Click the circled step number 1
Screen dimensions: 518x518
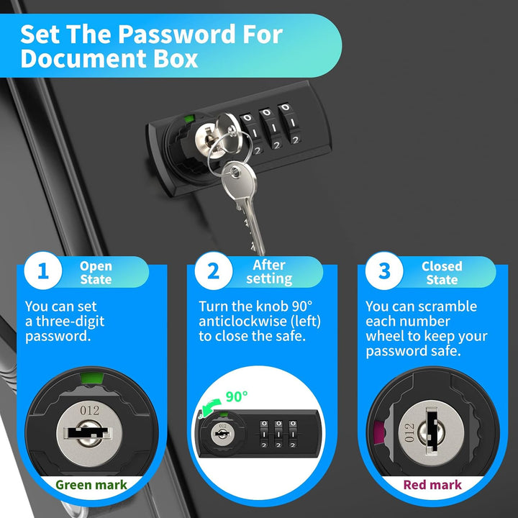[x=43, y=271]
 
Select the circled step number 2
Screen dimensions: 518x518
[x=214, y=271]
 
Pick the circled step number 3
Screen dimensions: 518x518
[x=384, y=271]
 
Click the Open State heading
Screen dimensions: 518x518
[x=96, y=273]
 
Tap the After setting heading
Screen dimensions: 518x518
[x=269, y=272]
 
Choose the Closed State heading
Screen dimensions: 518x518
[x=442, y=273]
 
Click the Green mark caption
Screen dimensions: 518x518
[x=91, y=485]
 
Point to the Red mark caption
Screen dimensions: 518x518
[x=432, y=485]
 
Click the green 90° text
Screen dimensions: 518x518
[x=237, y=396]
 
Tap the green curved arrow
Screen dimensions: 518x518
[x=210, y=408]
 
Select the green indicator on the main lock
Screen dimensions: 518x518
[x=189, y=119]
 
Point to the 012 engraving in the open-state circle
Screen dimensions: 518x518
[x=89, y=410]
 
